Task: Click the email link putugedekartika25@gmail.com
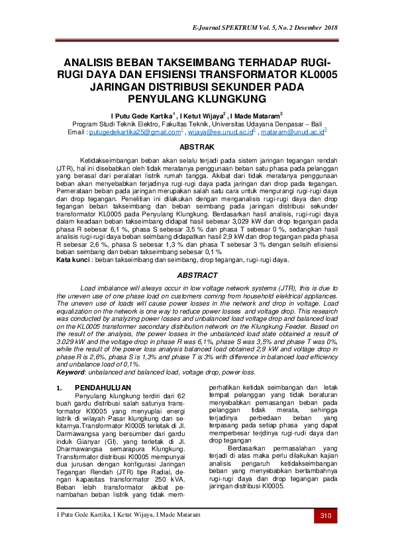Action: [125, 132]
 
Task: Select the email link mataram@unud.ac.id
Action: [291, 132]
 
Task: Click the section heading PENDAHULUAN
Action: [103, 388]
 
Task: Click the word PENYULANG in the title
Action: [163, 99]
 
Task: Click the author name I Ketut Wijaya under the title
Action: [198, 114]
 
